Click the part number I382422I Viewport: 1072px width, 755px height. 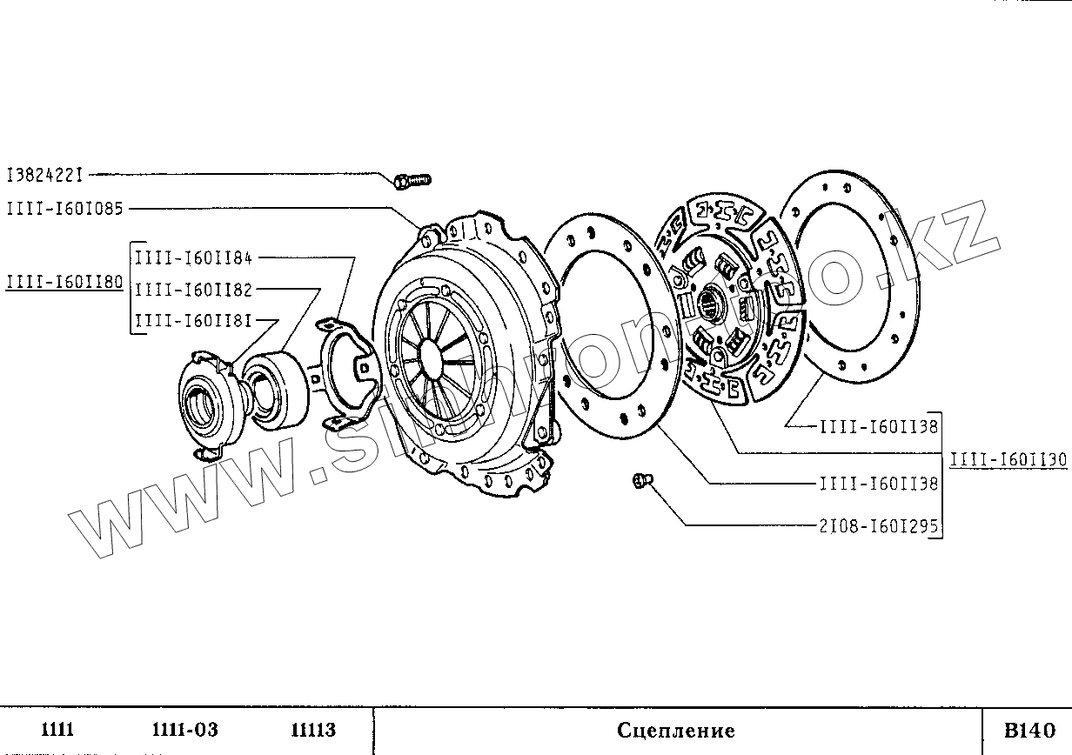tap(44, 175)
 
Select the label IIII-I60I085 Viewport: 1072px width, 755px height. tap(65, 209)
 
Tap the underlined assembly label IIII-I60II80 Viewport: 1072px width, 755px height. tap(65, 283)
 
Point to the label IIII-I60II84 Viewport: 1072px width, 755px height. tap(194, 257)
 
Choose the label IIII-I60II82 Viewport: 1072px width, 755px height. tap(194, 290)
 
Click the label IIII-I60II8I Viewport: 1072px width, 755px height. tap(194, 322)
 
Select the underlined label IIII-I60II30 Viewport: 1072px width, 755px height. tap(1008, 460)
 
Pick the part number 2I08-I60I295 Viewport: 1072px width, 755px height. tap(879, 526)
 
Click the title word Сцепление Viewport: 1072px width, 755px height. tap(676, 731)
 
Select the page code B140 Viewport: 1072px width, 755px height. tap(1028, 730)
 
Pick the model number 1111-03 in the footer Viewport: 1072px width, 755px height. tap(184, 730)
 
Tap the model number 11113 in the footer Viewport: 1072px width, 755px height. tap(313, 730)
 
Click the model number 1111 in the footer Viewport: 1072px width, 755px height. tap(58, 730)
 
